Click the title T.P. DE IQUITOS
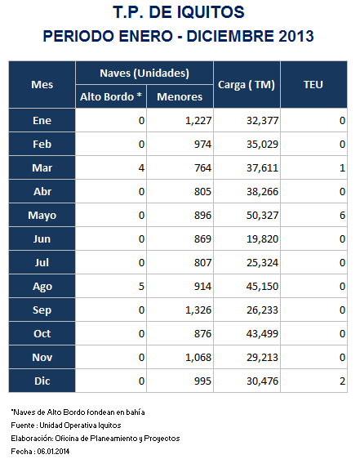[179, 12]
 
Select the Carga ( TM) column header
[247, 85]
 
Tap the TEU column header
[313, 85]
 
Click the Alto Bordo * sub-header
[111, 96]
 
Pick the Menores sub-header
[180, 97]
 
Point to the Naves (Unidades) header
[144, 73]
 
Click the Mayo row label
[42, 216]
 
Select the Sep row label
[42, 310]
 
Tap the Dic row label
[42, 381]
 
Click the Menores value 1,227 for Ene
[198, 121]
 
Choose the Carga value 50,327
[262, 216]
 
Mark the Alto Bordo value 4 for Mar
[141, 168]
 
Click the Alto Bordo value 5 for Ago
[141, 287]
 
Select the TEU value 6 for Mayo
[342, 216]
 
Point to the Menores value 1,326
[198, 310]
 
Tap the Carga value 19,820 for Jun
[262, 238]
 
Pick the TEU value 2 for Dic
[342, 381]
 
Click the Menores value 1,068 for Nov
[198, 358]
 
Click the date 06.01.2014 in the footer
[53, 452]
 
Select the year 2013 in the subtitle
[296, 36]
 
